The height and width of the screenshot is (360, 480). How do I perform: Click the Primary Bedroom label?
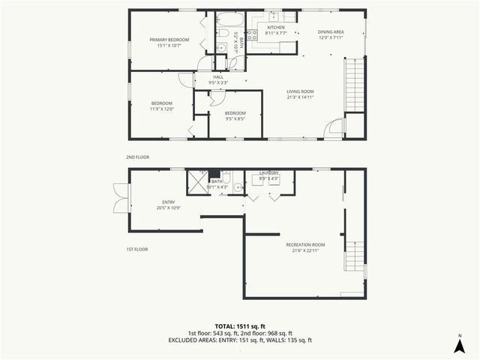coord(169,40)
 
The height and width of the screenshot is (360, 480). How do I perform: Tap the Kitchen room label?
coord(271,26)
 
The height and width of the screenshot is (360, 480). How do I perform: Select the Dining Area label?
coord(330,31)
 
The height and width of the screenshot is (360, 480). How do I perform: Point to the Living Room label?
coord(300,91)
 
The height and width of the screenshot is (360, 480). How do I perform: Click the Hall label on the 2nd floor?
coord(218,76)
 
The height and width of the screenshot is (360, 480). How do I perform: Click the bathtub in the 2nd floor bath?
coord(226,19)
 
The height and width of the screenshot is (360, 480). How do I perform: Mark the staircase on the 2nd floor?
coord(354,86)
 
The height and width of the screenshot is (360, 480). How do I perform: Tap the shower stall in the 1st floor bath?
coord(197,181)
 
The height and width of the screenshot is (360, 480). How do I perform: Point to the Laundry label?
coord(269,172)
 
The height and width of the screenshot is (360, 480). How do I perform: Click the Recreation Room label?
coord(305,244)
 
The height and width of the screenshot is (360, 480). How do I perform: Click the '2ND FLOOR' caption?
coord(137,157)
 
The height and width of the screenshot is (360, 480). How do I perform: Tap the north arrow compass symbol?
coord(458,344)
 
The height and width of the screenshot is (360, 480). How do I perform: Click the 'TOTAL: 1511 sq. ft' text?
coord(239,325)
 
